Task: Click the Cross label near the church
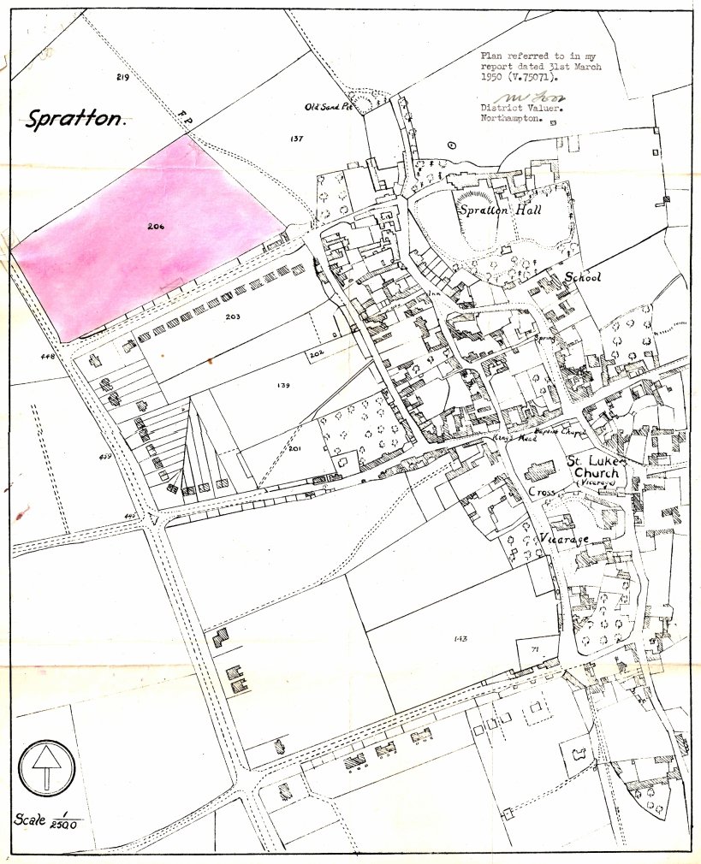point(542,494)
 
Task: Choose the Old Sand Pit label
point(329,107)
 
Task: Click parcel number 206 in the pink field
point(155,227)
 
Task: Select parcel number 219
point(122,77)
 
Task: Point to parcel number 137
point(296,138)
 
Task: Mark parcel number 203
point(232,317)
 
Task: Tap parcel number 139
point(284,386)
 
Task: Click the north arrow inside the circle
point(46,766)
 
